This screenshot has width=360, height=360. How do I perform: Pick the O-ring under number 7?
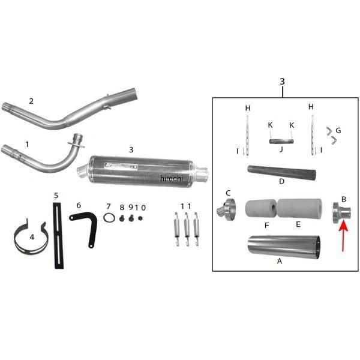(109, 218)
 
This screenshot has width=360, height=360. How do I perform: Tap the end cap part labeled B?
(340, 212)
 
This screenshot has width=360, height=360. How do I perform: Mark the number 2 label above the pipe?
(31, 100)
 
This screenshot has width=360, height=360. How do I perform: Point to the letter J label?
(280, 150)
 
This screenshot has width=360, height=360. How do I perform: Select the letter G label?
(338, 130)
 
